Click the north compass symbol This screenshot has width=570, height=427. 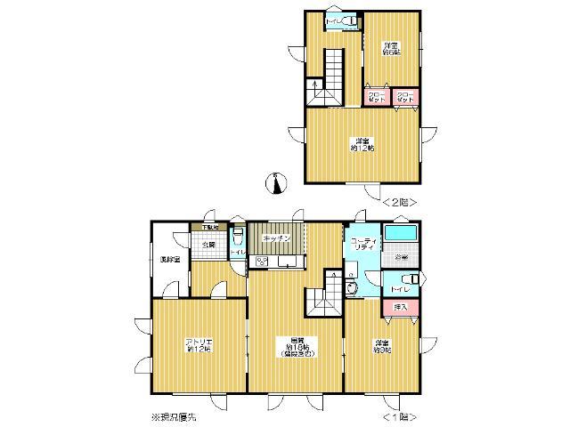click(276, 184)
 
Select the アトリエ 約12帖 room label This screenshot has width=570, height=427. click(198, 345)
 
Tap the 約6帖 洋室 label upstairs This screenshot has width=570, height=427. click(390, 49)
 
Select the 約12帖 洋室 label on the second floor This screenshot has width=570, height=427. click(362, 145)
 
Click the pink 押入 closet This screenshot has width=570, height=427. click(399, 308)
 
